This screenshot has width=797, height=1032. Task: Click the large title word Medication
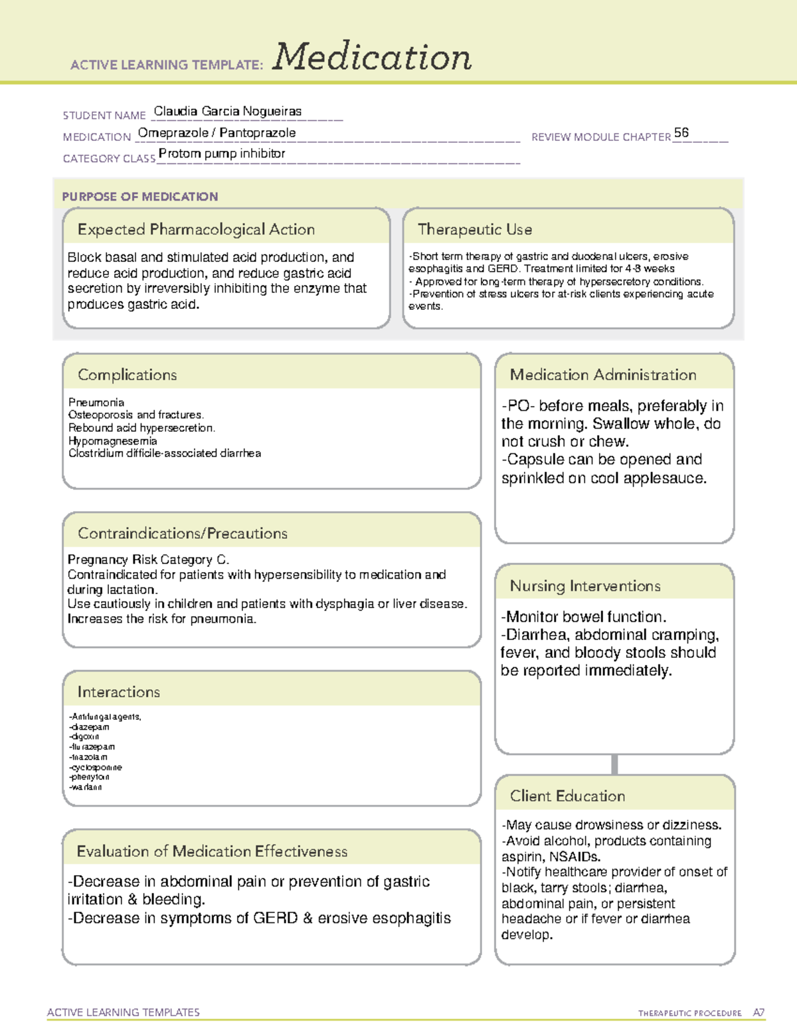(x=372, y=57)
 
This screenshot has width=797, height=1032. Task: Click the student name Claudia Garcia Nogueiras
(x=227, y=112)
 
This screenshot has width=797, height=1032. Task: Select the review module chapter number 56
(x=681, y=133)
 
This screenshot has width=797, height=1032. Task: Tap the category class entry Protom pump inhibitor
(x=222, y=154)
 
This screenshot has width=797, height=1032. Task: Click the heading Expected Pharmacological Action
(x=196, y=229)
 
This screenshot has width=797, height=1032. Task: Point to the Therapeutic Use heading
(x=474, y=229)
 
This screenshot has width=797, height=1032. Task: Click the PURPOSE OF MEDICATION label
(x=139, y=197)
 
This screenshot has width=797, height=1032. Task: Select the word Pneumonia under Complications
(x=96, y=403)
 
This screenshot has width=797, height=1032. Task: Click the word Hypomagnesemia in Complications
(x=112, y=441)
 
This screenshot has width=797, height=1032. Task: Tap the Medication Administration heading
(x=602, y=375)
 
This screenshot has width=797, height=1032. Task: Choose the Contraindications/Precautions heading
(x=182, y=533)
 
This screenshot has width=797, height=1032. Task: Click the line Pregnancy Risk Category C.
(x=148, y=560)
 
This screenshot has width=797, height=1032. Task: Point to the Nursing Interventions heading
(x=584, y=585)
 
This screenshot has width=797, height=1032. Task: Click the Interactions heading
(x=118, y=692)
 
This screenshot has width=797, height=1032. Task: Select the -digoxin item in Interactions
(x=84, y=737)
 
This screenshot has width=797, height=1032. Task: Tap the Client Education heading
(x=567, y=796)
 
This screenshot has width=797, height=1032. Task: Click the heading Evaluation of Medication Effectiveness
(x=212, y=851)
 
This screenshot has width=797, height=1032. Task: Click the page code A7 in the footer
(x=758, y=1013)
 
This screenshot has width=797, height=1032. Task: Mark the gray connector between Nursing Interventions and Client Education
(x=614, y=764)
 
